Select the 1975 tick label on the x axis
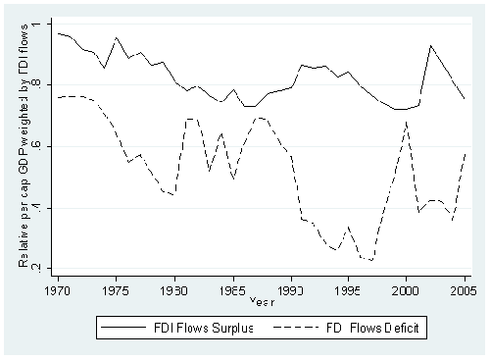116,290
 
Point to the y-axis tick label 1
38,22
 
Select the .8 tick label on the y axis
36,84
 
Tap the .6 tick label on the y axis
36,146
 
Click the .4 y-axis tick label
36,208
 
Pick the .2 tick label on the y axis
36,270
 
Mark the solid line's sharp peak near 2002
429,45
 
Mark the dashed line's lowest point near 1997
371,260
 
